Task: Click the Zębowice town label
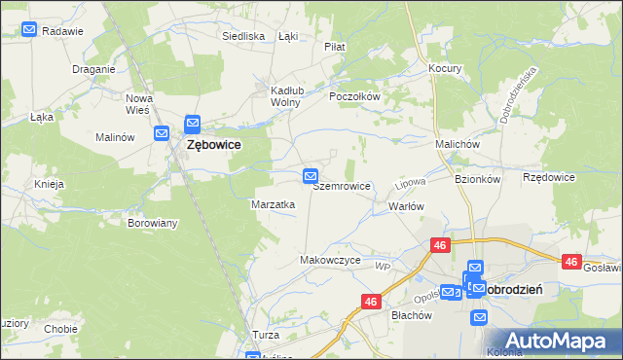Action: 212,144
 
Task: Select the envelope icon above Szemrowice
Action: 311,176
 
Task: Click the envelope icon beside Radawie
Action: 29,30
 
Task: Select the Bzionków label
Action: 477,179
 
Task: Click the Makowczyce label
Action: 330,261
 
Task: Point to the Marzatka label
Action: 274,204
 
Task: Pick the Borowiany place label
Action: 153,223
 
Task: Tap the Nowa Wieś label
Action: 140,104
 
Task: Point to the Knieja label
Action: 49,183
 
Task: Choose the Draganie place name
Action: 94,69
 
